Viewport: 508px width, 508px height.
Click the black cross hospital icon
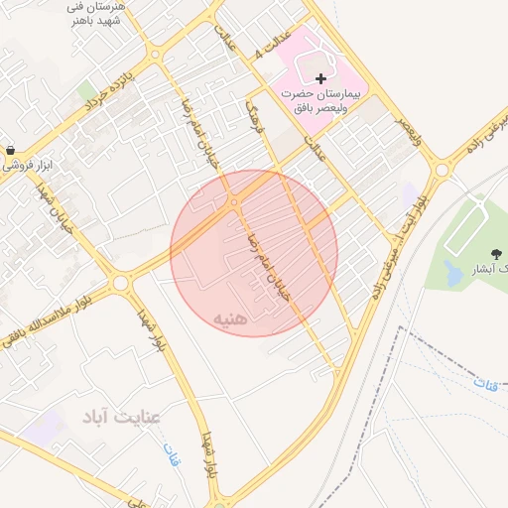click(x=320, y=78)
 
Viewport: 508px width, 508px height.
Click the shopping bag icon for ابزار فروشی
click(x=10, y=151)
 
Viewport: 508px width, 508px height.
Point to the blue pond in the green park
click(x=453, y=270)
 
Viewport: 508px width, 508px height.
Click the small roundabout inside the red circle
click(x=234, y=202)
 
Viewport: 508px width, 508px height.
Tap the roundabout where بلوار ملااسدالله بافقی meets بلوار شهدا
click(x=121, y=283)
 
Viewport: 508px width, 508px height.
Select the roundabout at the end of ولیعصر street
click(x=440, y=170)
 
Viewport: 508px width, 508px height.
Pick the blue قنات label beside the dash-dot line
click(x=485, y=382)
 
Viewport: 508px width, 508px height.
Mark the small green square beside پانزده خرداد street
click(x=88, y=91)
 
